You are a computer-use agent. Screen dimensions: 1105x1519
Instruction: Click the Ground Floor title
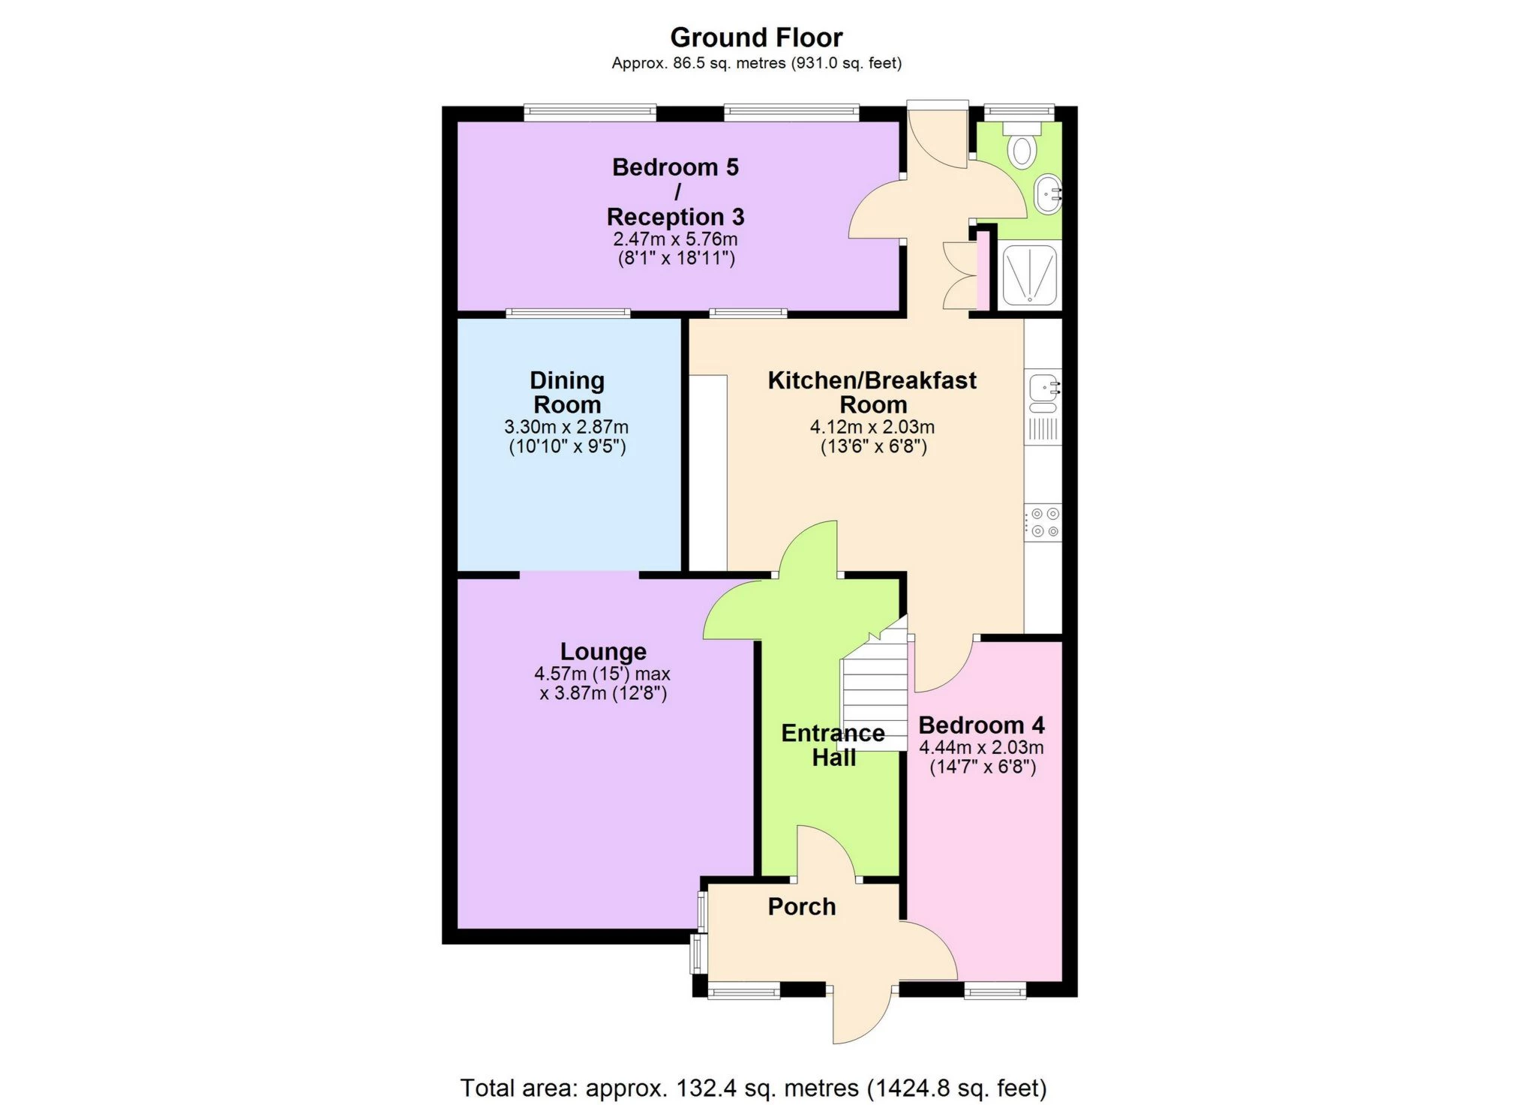pyautogui.click(x=755, y=38)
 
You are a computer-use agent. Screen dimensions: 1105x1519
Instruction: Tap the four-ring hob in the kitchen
pyautogui.click(x=1044, y=522)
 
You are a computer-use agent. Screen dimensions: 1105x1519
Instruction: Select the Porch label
pyautogui.click(x=801, y=906)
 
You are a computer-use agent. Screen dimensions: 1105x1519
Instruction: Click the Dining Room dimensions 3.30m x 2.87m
pyautogui.click(x=566, y=428)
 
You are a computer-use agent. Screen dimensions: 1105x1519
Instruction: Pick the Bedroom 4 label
pyautogui.click(x=981, y=725)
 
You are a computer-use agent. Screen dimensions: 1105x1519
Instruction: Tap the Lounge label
pyautogui.click(x=603, y=651)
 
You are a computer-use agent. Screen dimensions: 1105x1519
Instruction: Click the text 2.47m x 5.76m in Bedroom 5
pyautogui.click(x=675, y=240)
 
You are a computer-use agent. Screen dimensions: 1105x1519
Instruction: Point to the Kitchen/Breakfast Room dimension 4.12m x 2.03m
pyautogui.click(x=872, y=428)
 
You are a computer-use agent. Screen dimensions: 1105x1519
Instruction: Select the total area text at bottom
pyautogui.click(x=753, y=1087)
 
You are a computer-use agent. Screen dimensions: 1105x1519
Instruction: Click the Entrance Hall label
pyautogui.click(x=833, y=745)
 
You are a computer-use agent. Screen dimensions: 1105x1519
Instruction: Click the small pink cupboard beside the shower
pyautogui.click(x=983, y=274)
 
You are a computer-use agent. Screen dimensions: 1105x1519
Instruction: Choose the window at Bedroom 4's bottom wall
pyautogui.click(x=995, y=992)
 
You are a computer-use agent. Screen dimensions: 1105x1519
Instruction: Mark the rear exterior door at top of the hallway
pyautogui.click(x=938, y=135)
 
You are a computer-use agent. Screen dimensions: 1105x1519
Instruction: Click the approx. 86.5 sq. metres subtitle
pyautogui.click(x=756, y=64)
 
